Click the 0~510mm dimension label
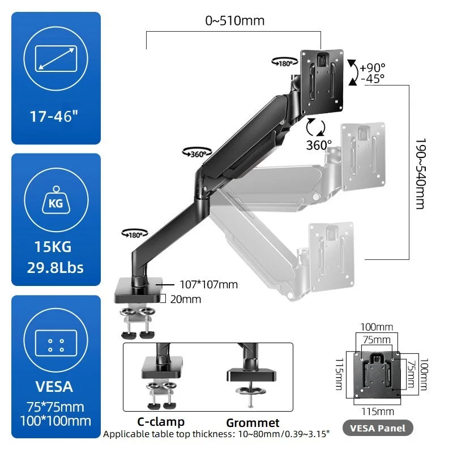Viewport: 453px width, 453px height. (x=234, y=22)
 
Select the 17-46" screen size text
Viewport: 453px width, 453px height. (x=56, y=117)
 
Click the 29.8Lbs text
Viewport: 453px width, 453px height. (x=56, y=267)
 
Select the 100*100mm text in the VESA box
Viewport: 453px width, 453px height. (x=56, y=421)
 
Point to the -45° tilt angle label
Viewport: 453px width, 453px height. (x=373, y=78)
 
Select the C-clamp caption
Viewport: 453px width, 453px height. (x=161, y=422)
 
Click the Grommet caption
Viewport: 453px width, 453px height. (x=253, y=422)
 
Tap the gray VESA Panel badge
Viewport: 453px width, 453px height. (x=378, y=428)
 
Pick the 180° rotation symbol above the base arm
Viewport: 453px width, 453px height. (x=135, y=233)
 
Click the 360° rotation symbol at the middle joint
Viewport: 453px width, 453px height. (x=197, y=152)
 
